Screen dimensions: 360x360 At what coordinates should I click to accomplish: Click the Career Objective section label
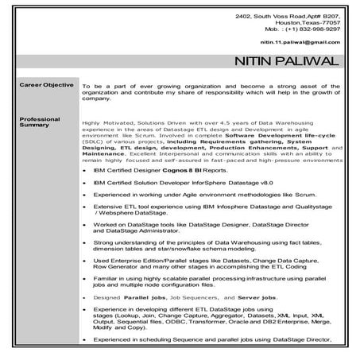47,84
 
